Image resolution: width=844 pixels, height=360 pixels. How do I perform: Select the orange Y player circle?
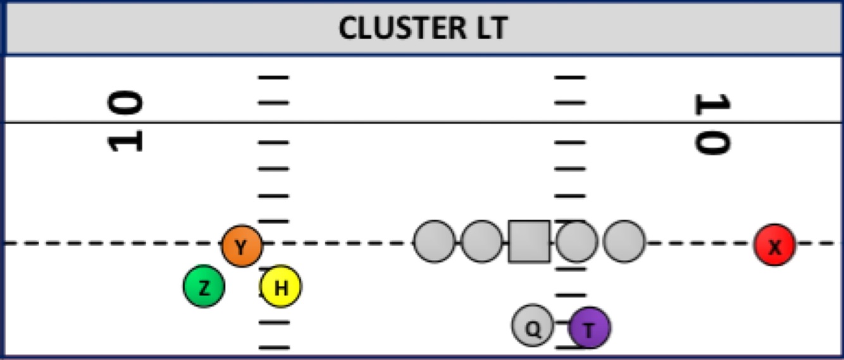(241, 246)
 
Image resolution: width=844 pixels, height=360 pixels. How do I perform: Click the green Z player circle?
(204, 287)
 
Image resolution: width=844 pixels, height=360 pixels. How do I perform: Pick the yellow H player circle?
(281, 287)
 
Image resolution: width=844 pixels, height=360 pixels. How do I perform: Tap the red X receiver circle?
(774, 245)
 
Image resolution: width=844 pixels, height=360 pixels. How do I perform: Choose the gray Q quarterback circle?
(533, 326)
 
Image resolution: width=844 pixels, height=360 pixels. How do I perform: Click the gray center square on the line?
(529, 242)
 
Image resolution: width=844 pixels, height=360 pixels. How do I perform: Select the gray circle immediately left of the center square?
(481, 242)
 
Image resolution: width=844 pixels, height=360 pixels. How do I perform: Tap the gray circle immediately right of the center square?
(576, 242)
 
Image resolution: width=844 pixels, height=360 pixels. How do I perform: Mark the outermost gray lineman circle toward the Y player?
(434, 242)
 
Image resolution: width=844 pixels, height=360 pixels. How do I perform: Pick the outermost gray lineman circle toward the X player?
(624, 242)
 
